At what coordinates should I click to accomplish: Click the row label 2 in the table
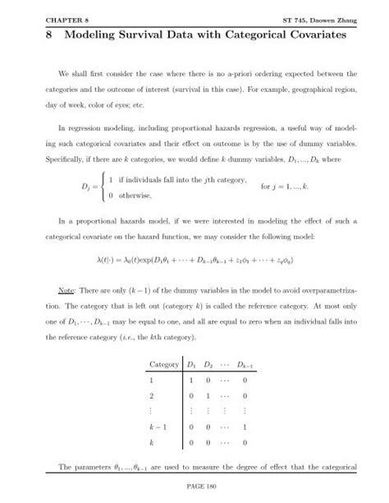coord(151,397)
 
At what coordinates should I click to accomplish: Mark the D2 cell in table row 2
coord(209,397)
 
